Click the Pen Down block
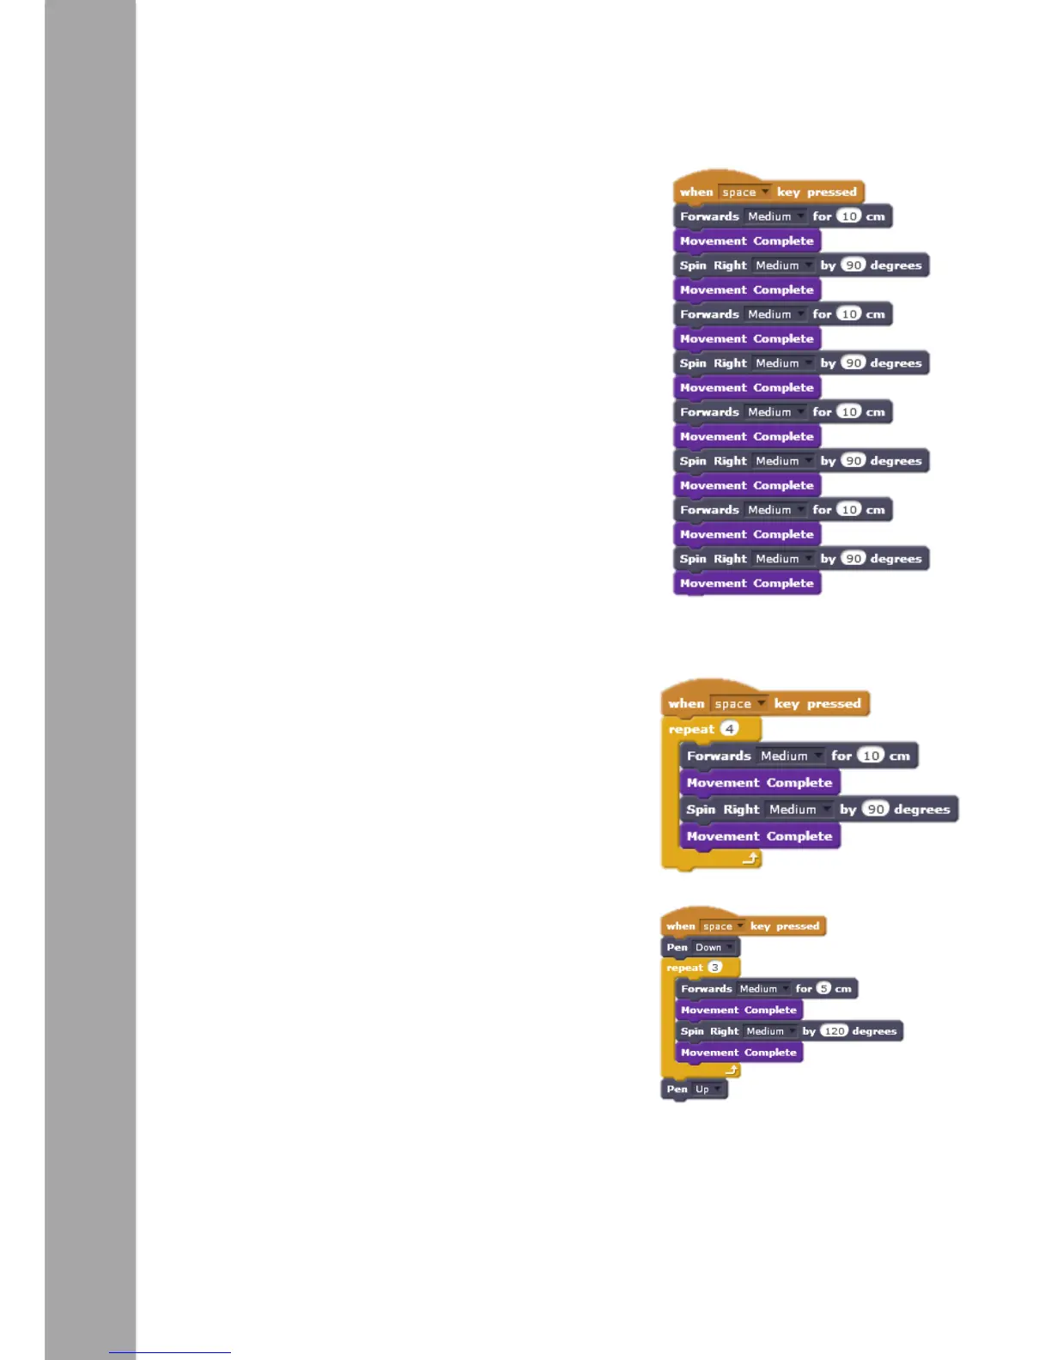click(x=678, y=948)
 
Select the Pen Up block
click(x=677, y=1090)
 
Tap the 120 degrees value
click(x=834, y=1031)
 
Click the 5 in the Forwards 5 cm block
click(x=823, y=989)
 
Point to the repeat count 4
click(x=729, y=729)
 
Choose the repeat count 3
click(x=714, y=968)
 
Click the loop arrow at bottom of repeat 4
click(x=750, y=858)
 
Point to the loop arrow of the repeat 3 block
click(x=732, y=1071)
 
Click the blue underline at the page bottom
click(x=170, y=1352)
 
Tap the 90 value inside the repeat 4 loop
click(x=875, y=810)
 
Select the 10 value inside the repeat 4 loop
click(x=871, y=756)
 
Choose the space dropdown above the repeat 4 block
click(x=738, y=704)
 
